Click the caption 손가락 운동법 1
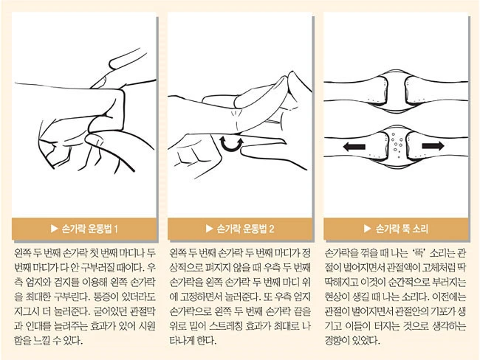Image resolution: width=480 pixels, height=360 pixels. pyautogui.click(x=89, y=229)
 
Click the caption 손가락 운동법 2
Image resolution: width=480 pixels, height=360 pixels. pyautogui.click(x=245, y=229)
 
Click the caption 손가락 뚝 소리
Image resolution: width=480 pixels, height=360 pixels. pyautogui.click(x=402, y=229)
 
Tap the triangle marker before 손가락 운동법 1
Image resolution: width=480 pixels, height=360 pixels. pyautogui.click(x=54, y=229)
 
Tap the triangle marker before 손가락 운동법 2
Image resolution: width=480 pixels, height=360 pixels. pyautogui.click(x=210, y=229)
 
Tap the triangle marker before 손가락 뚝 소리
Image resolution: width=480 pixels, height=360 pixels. pyautogui.click(x=368, y=229)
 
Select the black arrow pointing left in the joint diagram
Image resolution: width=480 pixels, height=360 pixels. pyautogui.click(x=354, y=147)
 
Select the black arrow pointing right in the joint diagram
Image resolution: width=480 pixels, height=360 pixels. pyautogui.click(x=433, y=145)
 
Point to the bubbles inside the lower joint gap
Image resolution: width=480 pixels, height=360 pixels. pyautogui.click(x=397, y=144)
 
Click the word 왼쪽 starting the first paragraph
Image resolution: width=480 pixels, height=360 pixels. pyautogui.click(x=23, y=253)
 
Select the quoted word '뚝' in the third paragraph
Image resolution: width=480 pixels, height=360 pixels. pyautogui.click(x=418, y=253)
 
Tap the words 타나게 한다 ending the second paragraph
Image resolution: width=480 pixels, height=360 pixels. pyautogui.click(x=193, y=340)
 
